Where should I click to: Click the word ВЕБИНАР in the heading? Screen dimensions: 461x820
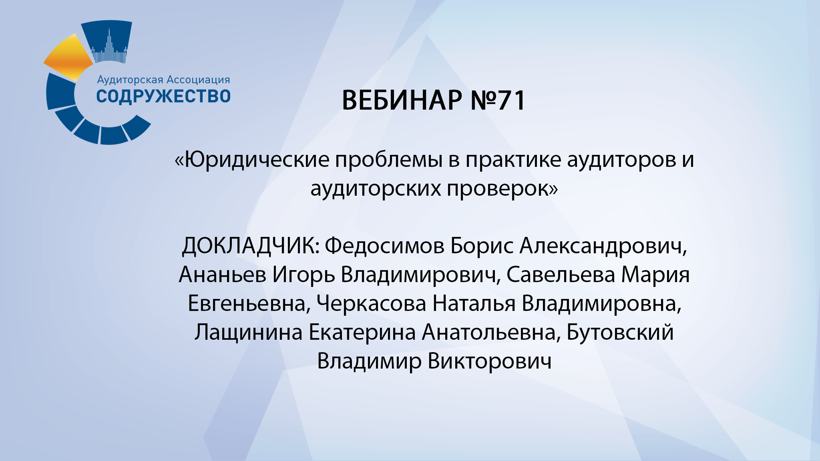point(402,100)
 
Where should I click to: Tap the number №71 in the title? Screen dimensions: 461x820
point(498,100)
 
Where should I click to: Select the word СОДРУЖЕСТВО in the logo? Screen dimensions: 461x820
point(163,96)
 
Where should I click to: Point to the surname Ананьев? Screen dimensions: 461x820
point(223,275)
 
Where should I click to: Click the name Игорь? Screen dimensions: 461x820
point(303,275)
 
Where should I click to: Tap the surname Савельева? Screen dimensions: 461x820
point(561,275)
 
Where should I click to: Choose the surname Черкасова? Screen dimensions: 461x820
point(371,304)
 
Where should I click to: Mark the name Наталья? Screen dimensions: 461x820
point(474,304)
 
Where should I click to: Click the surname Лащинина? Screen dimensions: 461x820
point(249,333)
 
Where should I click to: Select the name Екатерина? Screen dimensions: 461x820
point(362,333)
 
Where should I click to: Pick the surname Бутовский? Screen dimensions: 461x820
point(620,333)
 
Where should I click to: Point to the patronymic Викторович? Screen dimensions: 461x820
point(490,361)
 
